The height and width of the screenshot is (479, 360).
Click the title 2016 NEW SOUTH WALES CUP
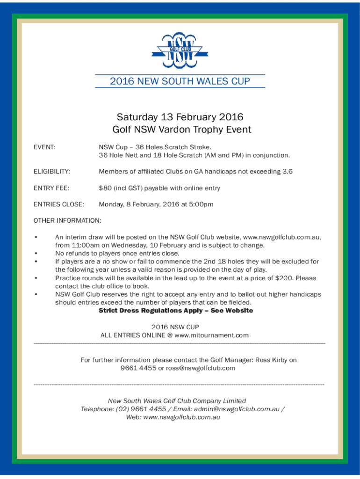click(x=180, y=81)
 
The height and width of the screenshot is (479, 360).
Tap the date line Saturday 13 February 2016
click(x=180, y=116)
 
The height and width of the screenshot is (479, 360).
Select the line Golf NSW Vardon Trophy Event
click(x=181, y=130)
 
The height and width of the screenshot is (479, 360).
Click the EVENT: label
click(x=44, y=147)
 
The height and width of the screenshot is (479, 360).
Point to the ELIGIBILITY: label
click(x=52, y=172)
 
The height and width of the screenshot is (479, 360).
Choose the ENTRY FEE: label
click(x=51, y=188)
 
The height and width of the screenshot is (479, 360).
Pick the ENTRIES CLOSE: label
click(x=59, y=204)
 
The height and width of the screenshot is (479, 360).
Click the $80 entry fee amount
click(x=104, y=188)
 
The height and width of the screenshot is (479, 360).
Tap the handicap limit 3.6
click(x=288, y=172)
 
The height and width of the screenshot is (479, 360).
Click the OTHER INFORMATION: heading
click(x=68, y=220)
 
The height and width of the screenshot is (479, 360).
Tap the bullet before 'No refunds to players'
click(x=36, y=254)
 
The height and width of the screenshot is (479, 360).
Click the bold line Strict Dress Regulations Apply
click(x=176, y=311)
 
